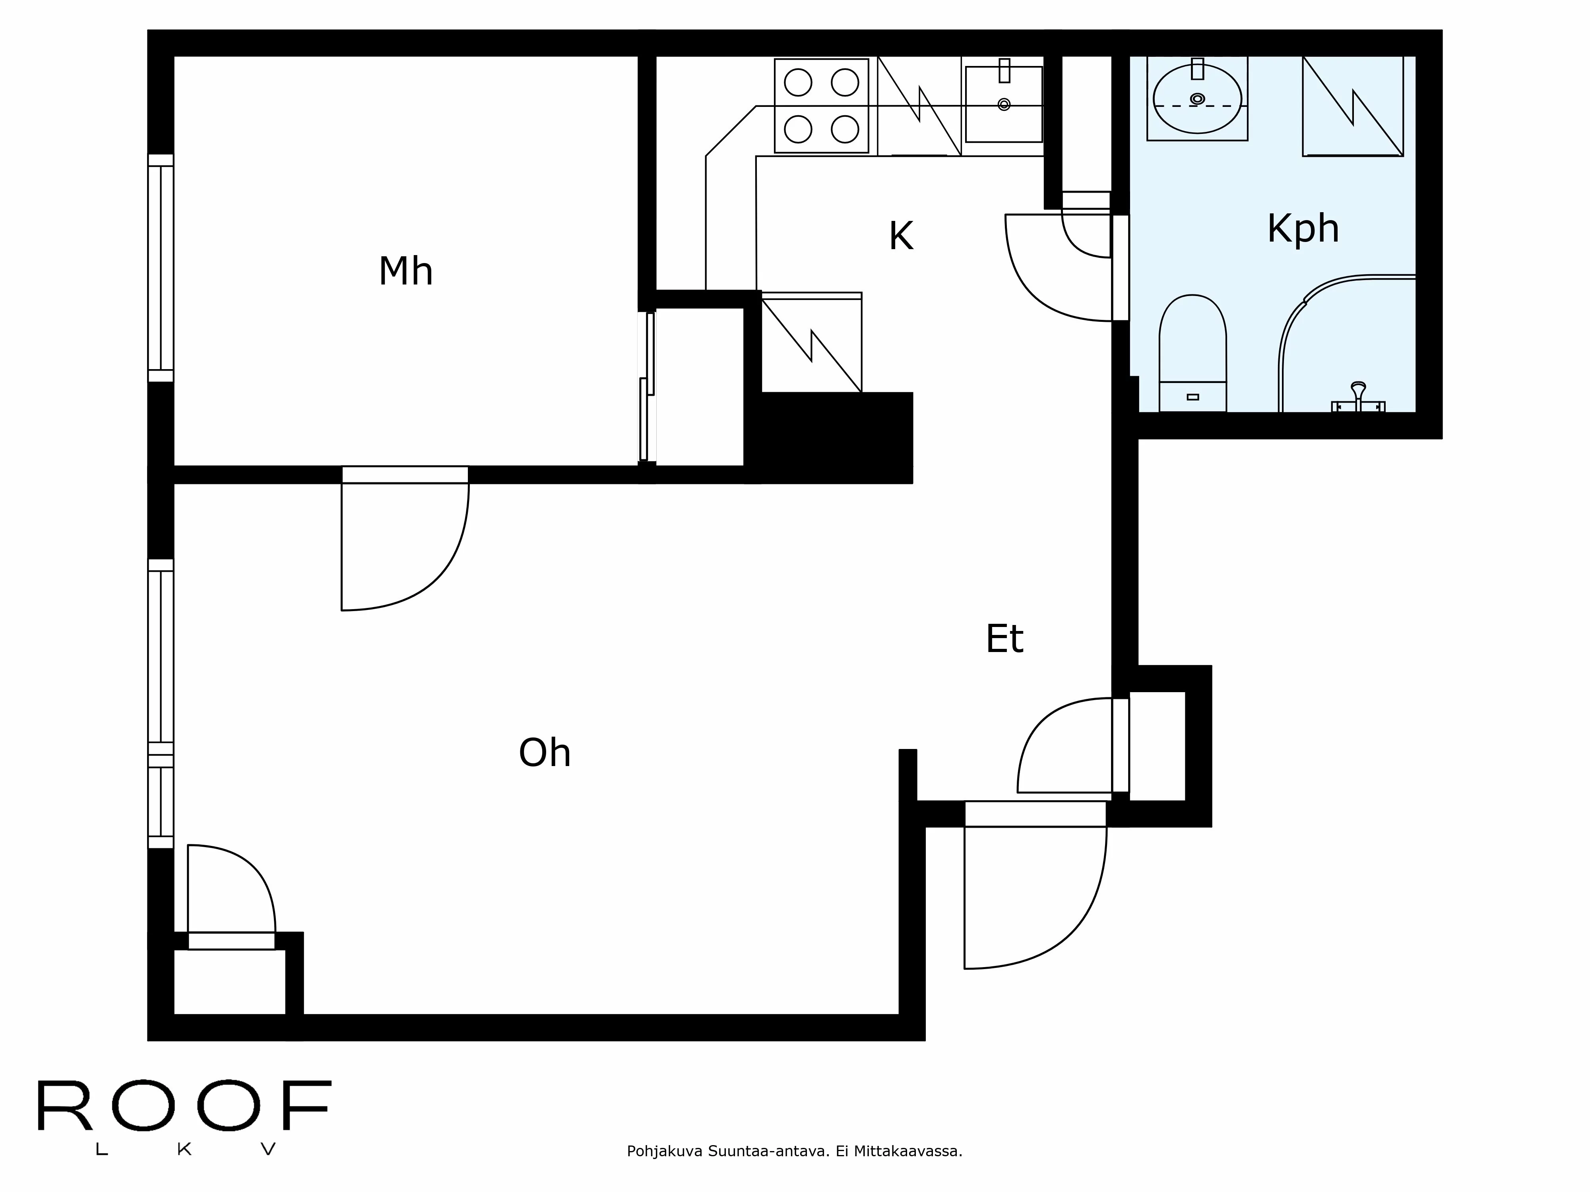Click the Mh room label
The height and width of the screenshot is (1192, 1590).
405,272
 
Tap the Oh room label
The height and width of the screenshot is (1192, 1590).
545,753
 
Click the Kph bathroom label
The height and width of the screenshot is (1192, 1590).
1303,228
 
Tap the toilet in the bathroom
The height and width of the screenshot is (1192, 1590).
1192,353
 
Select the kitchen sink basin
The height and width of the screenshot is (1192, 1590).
1003,104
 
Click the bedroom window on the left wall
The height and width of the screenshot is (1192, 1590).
161,268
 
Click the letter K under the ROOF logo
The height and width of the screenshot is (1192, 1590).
184,1149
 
